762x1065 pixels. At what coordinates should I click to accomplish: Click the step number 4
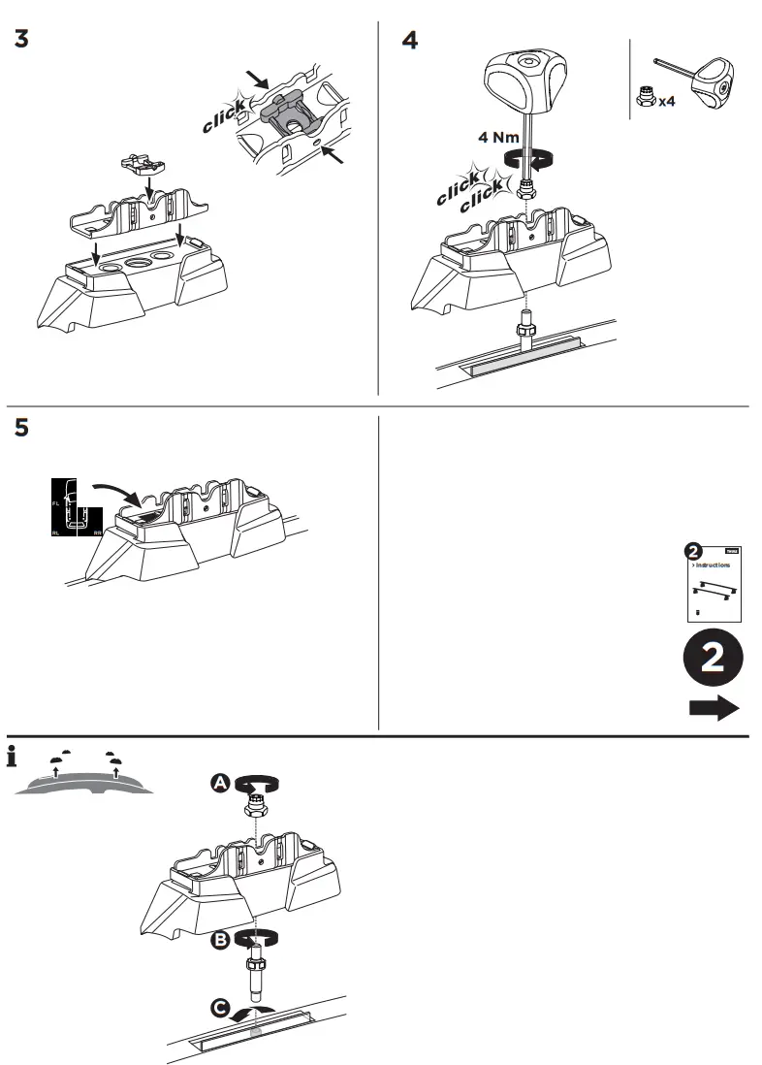410,41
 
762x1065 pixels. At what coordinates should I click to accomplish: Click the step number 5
21,429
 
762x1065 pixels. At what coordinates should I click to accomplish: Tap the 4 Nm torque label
498,138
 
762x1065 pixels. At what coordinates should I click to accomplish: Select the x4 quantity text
667,100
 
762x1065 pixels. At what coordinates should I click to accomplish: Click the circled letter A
221,782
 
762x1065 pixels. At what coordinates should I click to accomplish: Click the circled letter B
221,939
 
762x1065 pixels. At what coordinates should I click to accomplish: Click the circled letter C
221,1010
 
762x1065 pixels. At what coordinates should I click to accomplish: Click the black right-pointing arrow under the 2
714,708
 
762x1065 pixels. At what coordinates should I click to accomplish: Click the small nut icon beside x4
645,97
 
